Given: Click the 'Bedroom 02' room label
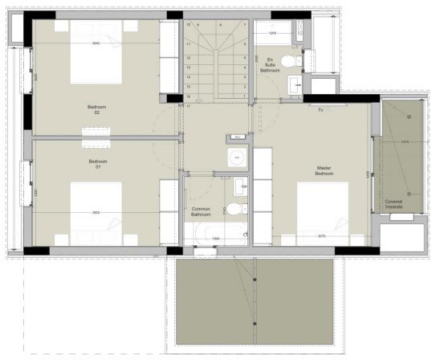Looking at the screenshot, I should (x=96, y=111).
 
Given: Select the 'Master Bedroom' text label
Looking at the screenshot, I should (x=324, y=171).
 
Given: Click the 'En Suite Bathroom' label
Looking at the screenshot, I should (x=271, y=64).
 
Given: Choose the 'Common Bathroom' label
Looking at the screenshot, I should (x=201, y=212).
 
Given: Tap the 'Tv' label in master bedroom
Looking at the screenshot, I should (x=320, y=109).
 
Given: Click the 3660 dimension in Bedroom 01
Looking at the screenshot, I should (x=96, y=213).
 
